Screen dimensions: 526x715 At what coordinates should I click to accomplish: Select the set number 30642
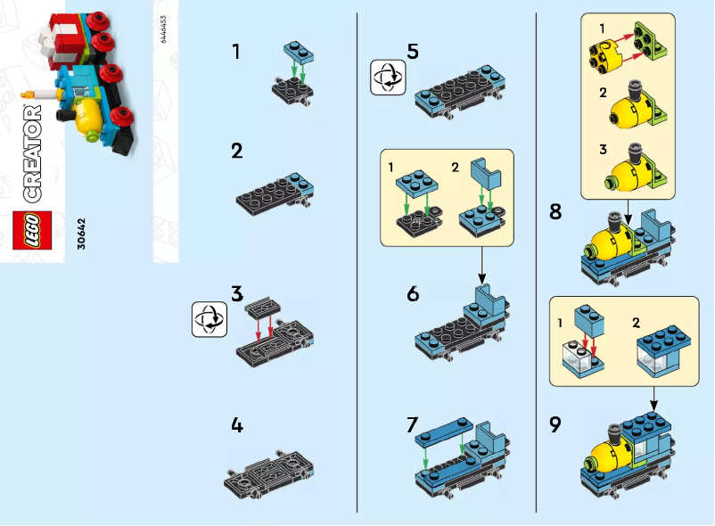point(82,234)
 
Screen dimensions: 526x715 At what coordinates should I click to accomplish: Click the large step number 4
point(236,425)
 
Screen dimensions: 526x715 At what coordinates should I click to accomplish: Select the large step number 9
point(555,424)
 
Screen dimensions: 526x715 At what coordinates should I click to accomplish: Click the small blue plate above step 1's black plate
point(298,53)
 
